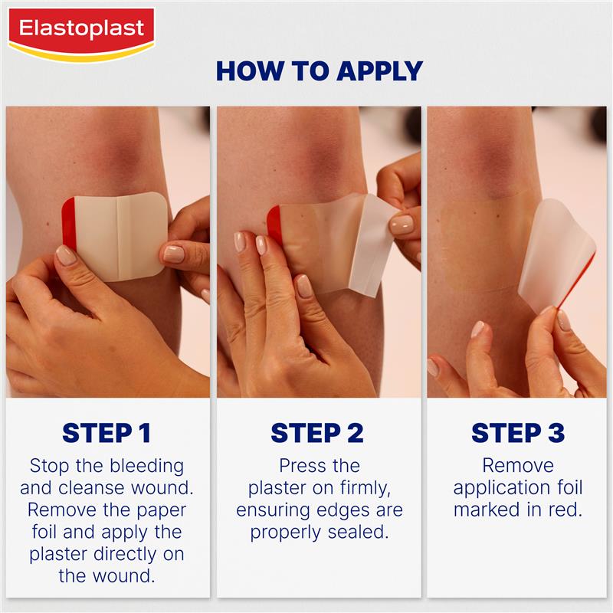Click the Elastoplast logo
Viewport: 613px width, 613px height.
tap(80, 31)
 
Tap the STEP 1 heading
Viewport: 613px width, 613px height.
tap(107, 433)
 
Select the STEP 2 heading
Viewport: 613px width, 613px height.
tap(317, 433)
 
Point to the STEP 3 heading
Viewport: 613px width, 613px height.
tap(518, 433)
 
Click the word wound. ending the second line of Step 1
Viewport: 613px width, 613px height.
tap(157, 487)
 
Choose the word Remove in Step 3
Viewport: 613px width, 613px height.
tap(518, 465)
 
